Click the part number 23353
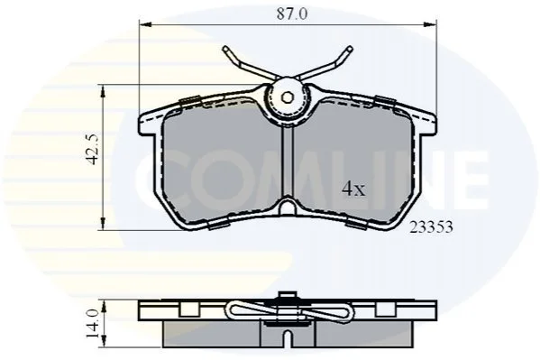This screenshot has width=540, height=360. pos(431,227)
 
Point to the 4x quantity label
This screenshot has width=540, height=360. pos(353,189)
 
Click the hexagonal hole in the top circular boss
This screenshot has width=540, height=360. pos(287,97)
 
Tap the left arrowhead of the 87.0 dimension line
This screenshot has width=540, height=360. pos(145,24)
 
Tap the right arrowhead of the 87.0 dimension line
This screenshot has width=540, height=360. pos(431,24)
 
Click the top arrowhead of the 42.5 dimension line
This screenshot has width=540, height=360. pos(103,91)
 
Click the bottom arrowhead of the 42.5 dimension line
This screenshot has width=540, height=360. pos(103,224)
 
